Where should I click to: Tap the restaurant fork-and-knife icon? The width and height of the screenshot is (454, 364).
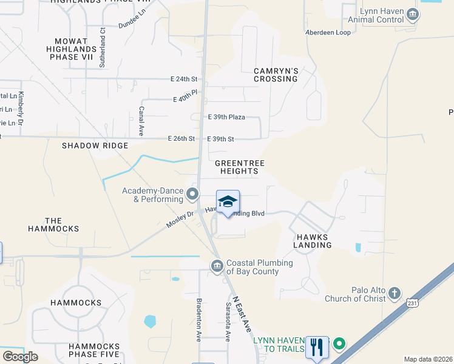(x=316, y=347)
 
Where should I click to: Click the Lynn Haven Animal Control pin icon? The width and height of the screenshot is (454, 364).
(x=413, y=14)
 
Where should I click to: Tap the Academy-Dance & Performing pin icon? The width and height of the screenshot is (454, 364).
(x=192, y=195)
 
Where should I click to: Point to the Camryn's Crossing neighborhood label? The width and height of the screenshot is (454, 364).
(x=276, y=75)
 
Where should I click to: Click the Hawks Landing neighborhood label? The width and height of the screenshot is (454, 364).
(x=314, y=241)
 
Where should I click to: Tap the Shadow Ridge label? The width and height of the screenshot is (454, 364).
(x=95, y=146)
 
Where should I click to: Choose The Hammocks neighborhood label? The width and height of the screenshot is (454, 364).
(x=53, y=224)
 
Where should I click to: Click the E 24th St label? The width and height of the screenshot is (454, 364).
(x=185, y=79)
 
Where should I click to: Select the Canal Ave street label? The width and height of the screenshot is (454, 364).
(x=141, y=121)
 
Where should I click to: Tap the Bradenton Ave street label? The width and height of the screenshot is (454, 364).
(x=198, y=320)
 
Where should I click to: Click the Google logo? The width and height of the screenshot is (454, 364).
(x=20, y=357)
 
